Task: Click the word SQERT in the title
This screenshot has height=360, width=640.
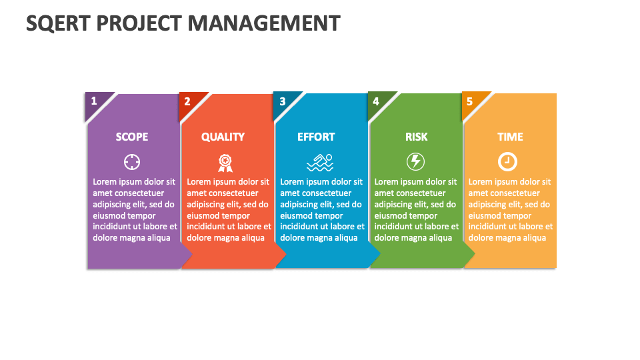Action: point(58,23)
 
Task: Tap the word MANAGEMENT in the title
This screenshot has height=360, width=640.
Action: point(264,23)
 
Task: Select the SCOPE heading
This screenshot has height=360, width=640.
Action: point(132,137)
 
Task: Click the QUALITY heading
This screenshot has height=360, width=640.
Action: point(223,137)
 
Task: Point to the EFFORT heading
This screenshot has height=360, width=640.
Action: point(316,137)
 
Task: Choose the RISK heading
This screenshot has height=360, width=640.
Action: point(416,137)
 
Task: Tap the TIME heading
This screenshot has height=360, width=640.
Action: point(510,137)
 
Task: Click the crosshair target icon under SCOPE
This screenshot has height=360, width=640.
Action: point(132,162)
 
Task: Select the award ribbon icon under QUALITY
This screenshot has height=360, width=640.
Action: point(225,163)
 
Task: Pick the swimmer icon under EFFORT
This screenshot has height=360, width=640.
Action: point(320,163)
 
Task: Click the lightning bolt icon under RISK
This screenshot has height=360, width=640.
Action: point(415,161)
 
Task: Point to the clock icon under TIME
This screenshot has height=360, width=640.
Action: point(507,161)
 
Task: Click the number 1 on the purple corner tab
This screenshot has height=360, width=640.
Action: point(94,101)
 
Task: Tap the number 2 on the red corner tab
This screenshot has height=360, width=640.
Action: point(187,101)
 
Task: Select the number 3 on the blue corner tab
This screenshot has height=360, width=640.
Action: point(283,101)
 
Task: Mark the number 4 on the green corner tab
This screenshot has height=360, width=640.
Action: point(376,101)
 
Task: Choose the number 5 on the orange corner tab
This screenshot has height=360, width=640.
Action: point(470,101)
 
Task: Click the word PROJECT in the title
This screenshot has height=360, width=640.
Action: point(139,23)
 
